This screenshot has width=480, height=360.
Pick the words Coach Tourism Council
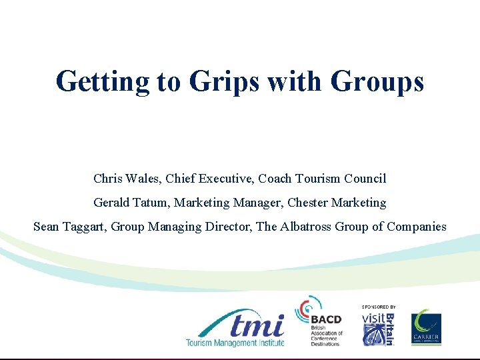[x=322, y=179]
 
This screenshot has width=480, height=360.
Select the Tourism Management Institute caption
[x=235, y=343]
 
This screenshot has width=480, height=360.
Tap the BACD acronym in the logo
[x=326, y=320]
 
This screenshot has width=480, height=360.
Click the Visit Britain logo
[x=378, y=329]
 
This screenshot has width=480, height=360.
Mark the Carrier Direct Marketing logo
[x=425, y=327]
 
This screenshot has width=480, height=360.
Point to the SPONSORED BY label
[x=379, y=307]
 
